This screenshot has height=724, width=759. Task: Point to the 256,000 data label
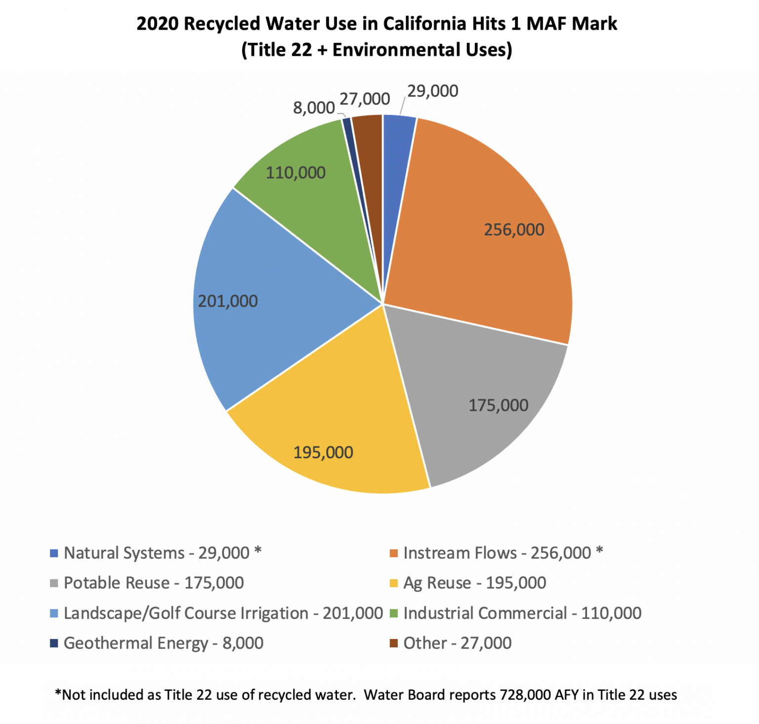[513, 230]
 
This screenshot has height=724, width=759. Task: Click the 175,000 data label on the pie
[498, 405]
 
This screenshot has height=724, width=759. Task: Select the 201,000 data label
[228, 301]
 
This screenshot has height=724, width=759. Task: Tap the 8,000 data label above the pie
[314, 108]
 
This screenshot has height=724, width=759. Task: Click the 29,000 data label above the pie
[432, 91]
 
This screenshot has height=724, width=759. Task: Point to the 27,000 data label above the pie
[365, 99]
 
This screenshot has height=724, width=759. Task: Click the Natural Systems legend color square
[54, 553]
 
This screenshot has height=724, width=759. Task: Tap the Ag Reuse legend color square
[394, 583]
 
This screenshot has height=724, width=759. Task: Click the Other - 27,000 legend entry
[457, 643]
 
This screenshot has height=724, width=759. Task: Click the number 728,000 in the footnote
[525, 695]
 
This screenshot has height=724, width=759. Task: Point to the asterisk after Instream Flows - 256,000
[599, 551]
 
